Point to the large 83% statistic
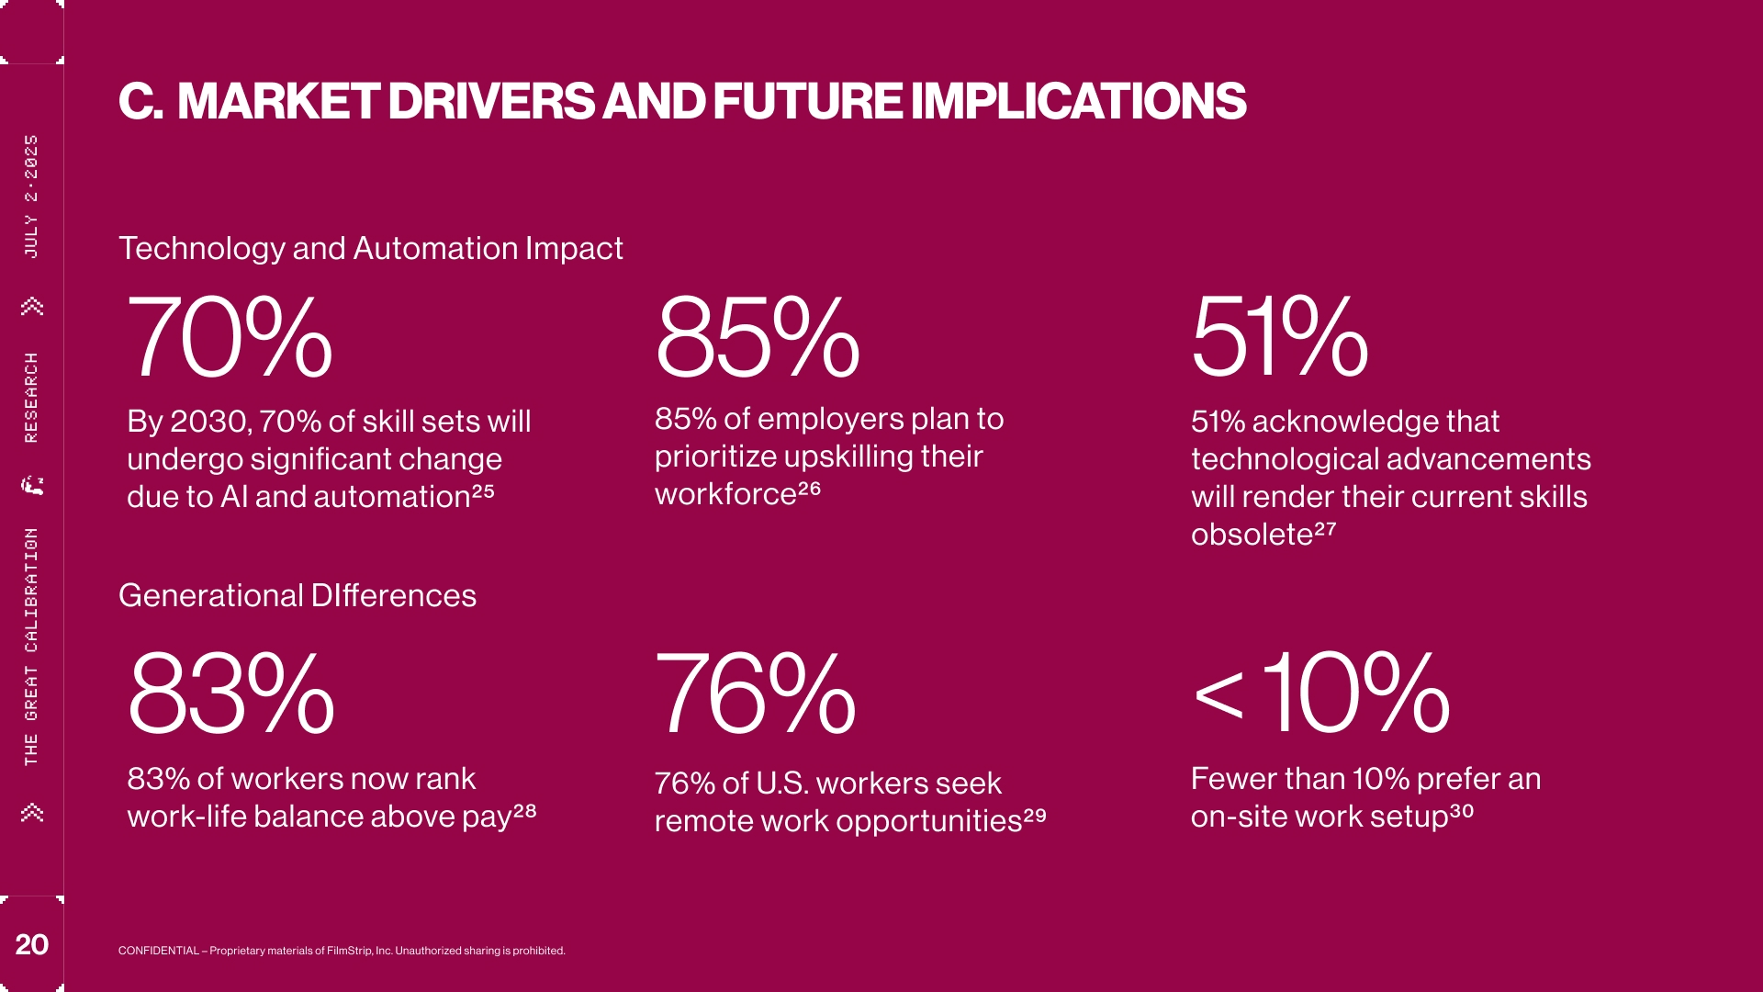[x=231, y=693]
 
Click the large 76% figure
[x=755, y=693]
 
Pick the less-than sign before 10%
[x=1218, y=696]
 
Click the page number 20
[x=31, y=944]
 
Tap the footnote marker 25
[x=483, y=491]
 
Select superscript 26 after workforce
[x=809, y=489]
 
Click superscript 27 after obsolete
[x=1325, y=529]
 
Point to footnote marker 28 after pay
[x=524, y=811]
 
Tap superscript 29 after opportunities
[x=1035, y=815]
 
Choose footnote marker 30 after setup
[x=1461, y=811]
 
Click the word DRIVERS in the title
[x=491, y=101]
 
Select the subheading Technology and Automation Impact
[x=371, y=248]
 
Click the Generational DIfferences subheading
[x=298, y=595]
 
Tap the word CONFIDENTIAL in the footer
[x=158, y=951]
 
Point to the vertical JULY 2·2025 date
[x=31, y=196]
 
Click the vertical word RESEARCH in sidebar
[x=31, y=397]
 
